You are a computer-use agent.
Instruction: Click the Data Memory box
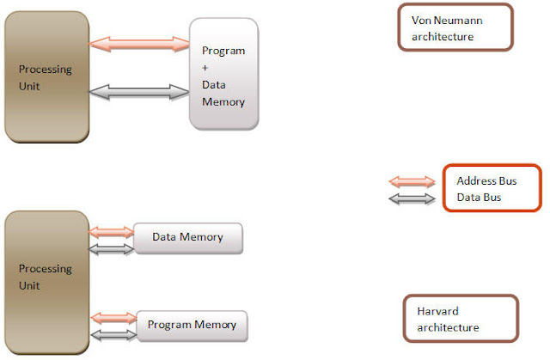coord(188,237)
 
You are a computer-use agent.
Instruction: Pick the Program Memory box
coord(192,325)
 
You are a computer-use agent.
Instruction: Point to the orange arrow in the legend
coord(412,181)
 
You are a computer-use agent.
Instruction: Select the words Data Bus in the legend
coord(477,198)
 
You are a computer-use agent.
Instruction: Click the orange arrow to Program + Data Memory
coord(139,41)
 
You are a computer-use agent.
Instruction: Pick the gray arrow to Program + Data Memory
coord(139,91)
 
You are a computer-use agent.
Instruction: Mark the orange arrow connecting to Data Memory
coord(111,231)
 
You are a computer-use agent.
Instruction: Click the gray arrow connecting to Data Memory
coord(111,248)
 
